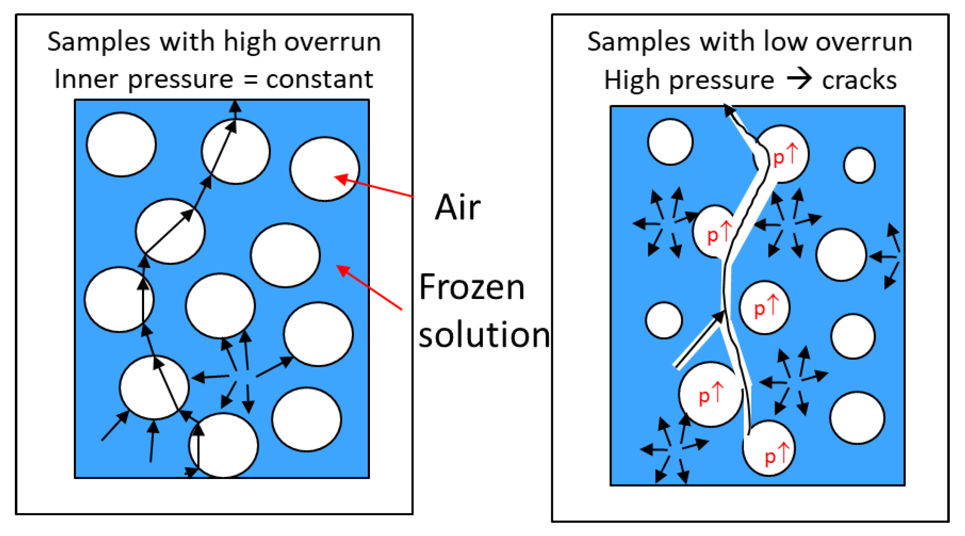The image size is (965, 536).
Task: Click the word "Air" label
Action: coord(457,207)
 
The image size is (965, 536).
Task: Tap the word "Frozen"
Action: coord(472,287)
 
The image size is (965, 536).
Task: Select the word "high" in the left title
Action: coord(250,43)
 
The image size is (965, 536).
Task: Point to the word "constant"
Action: coord(319,79)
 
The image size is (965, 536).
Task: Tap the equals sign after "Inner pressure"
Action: coord(250,79)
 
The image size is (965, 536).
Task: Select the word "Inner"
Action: coord(86,79)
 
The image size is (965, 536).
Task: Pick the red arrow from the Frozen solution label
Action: coord(369,287)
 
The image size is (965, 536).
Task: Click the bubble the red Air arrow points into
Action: coord(324,169)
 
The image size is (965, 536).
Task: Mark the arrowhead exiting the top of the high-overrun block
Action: coord(236,107)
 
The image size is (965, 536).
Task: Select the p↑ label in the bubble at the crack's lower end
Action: coord(776,456)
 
